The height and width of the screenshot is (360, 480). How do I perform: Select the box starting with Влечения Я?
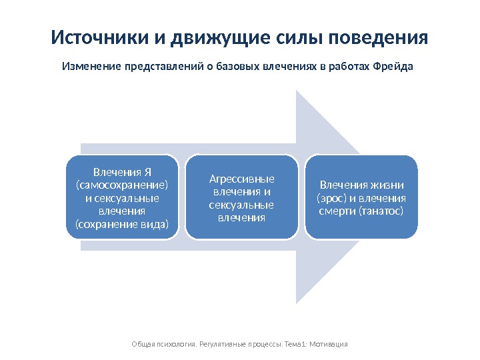(x=122, y=197)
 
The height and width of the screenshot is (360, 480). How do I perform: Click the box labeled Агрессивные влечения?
(x=241, y=197)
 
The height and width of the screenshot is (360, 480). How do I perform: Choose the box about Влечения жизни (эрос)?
(x=361, y=197)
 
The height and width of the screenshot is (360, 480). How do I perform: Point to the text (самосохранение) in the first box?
(x=122, y=185)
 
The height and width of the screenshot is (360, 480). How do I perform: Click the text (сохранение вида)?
(x=122, y=223)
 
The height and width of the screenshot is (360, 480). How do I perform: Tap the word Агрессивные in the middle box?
(x=241, y=179)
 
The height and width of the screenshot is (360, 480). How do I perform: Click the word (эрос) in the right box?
(x=331, y=198)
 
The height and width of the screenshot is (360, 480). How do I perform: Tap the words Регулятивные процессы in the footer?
(x=234, y=344)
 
